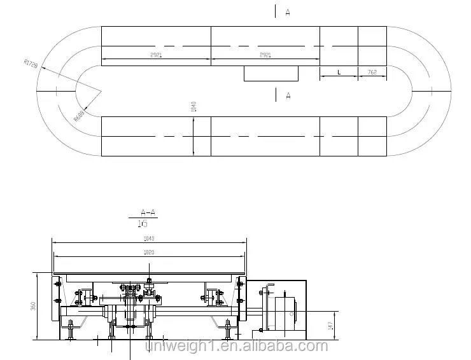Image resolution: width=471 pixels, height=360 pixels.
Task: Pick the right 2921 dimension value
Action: click(x=265, y=56)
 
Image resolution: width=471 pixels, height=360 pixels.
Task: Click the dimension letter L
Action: click(x=339, y=73)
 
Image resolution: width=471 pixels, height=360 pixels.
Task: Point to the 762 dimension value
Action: click(x=372, y=73)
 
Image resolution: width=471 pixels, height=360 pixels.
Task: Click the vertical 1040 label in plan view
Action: click(x=193, y=106)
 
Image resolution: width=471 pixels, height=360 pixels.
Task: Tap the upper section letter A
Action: click(x=288, y=12)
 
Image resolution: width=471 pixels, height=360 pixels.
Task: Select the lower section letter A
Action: click(x=288, y=95)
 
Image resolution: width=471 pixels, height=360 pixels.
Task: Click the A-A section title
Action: click(x=148, y=212)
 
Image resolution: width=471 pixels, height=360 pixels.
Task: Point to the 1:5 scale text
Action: click(x=143, y=223)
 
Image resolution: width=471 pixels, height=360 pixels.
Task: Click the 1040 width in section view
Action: click(x=149, y=239)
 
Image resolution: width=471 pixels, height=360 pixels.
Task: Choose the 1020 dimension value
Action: click(x=149, y=253)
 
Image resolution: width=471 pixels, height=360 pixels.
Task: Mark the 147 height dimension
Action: click(x=330, y=325)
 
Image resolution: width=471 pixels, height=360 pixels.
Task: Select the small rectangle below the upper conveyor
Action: click(x=271, y=73)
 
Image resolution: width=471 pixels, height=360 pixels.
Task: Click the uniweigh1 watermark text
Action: click(x=236, y=347)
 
